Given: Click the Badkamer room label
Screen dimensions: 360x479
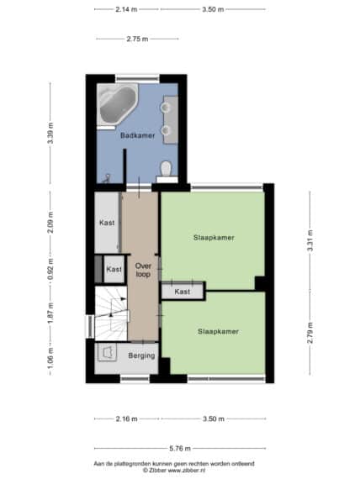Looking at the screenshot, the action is pos(137,135).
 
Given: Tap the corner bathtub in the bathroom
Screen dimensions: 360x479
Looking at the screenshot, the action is pos(117,104).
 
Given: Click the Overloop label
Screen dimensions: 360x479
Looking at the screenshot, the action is pos(143,270).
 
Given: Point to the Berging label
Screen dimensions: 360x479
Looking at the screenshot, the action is pos(141,355).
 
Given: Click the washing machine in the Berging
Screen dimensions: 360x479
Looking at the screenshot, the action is pos(107,352).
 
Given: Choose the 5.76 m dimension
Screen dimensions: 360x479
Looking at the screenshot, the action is pos(180,448).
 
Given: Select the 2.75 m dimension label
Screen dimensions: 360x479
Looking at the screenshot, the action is pos(137,39).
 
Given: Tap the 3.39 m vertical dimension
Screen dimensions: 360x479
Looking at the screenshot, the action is pos(50,133).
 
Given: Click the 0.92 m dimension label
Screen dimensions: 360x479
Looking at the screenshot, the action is pos(50,269).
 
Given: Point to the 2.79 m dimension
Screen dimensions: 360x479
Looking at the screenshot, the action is pos(310,333).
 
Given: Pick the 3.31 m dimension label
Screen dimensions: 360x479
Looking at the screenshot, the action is pos(310,240).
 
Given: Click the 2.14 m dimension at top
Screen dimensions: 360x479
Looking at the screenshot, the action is pos(126,9).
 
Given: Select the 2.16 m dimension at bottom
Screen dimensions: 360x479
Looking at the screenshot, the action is pos(127,418).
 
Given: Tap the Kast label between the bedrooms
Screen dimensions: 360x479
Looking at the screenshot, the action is pos(183,292).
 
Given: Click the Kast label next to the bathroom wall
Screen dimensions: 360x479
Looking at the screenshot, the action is pos(107,223).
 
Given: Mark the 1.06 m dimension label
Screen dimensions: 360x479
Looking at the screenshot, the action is pos(50,358).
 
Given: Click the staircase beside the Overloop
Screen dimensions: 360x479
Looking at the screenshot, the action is pos(111,313).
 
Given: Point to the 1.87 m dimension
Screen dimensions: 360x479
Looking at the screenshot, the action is pos(50,313).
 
